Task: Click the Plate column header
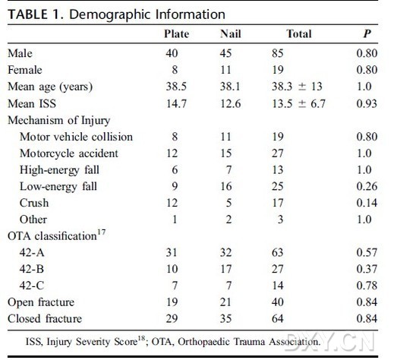pos(176,34)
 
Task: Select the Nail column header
pos(231,34)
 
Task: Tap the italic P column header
pos(367,34)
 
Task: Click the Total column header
pos(299,34)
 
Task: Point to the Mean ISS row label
pos(32,103)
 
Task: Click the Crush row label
pos(34,203)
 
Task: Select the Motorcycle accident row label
pos(69,153)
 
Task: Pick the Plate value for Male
pos(172,53)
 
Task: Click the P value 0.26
pos(367,187)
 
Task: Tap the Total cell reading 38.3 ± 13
pos(297,87)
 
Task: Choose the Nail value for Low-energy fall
pos(226,187)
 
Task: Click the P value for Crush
pos(367,203)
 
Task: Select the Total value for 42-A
pos(278,253)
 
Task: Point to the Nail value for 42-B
pos(226,269)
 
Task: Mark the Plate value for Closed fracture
pos(172,319)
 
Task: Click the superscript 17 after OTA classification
pos(101,232)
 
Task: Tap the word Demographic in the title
pos(111,14)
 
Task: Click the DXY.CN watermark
pos(329,343)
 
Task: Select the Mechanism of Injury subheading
pos(59,121)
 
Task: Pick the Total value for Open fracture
pos(278,302)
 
